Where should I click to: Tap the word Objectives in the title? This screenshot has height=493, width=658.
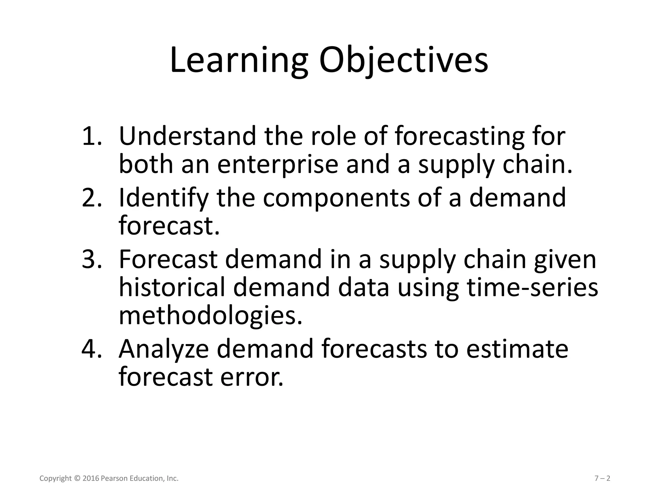(x=403, y=61)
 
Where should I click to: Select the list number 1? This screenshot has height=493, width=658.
(x=92, y=136)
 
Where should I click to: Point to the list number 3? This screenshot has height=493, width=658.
(x=92, y=259)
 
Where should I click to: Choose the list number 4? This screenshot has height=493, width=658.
(x=92, y=349)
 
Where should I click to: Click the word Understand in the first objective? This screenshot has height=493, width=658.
(x=188, y=136)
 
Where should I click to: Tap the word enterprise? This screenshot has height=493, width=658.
(x=278, y=165)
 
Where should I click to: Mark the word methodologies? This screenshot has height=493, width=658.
(x=210, y=316)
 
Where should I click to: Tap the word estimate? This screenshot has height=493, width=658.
(x=517, y=349)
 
